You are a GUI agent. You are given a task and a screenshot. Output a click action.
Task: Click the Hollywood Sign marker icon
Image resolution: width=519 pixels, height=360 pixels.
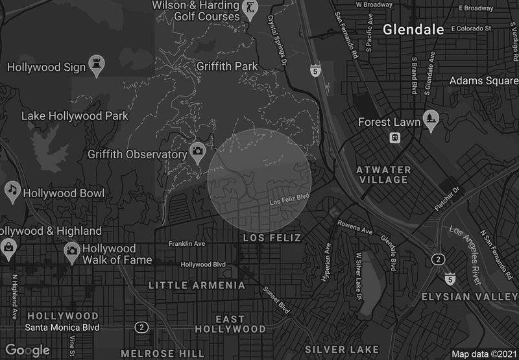coord(97,64)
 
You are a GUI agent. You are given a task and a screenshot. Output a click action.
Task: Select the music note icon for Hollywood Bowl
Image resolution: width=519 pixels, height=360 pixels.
coord(12,190)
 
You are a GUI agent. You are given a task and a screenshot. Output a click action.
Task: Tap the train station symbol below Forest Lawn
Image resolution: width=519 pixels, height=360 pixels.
coord(394,138)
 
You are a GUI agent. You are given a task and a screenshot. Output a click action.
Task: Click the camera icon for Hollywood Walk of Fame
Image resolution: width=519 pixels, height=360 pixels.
coord(72,250)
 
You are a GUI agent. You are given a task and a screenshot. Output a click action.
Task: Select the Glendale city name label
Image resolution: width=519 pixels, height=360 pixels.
coord(413,29)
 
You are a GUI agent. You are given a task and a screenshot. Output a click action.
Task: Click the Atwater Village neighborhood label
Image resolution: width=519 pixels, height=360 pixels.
coord(383,175)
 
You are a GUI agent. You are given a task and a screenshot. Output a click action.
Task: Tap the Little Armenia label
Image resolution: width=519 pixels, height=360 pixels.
coord(197,285)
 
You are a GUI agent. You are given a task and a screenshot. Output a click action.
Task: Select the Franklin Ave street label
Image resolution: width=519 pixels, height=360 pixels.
coord(186,244)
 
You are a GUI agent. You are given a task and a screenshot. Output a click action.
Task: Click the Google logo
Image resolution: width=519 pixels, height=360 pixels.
coord(28,350)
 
